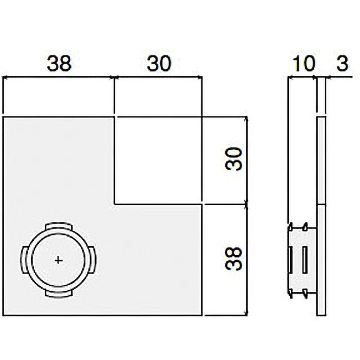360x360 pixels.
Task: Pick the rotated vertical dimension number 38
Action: pyautogui.click(x=235, y=258)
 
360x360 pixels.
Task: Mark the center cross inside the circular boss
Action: pyautogui.click(x=58, y=260)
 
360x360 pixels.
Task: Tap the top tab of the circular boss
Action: pyautogui.click(x=58, y=225)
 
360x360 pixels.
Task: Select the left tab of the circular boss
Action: pyautogui.click(x=23, y=260)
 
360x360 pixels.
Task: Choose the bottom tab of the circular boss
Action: pyautogui.click(x=58, y=294)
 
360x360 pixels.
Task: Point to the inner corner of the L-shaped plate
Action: pyautogui.click(x=114, y=203)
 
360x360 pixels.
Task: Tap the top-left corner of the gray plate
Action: pyautogui.click(x=4, y=117)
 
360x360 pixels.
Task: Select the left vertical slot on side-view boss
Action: pyautogui.click(x=291, y=260)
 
